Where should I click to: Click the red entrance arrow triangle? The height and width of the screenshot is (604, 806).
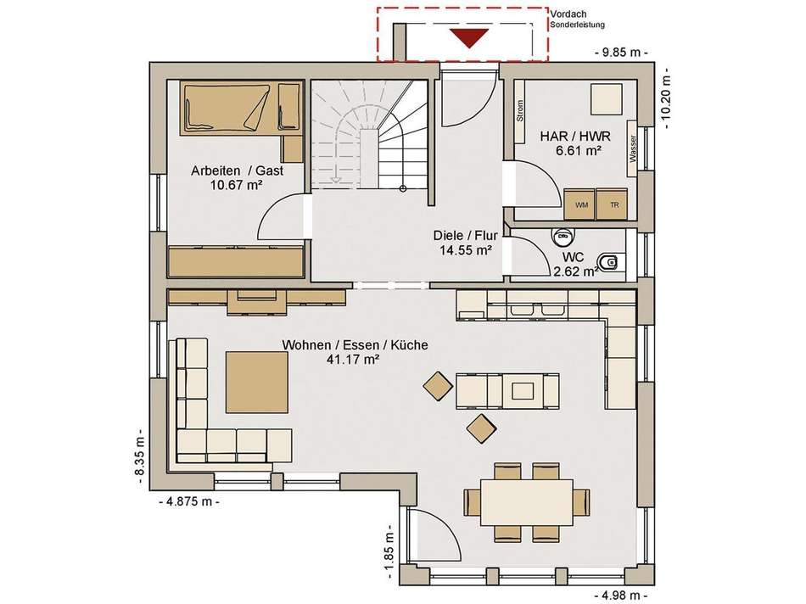[468, 38]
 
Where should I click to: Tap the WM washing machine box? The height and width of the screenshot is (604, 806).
[579, 204]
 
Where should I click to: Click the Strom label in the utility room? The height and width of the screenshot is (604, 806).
[520, 111]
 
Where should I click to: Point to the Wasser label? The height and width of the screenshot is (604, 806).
[632, 148]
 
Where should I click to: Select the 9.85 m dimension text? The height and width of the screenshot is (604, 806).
[621, 53]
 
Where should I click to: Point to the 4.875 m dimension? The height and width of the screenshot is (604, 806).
[190, 501]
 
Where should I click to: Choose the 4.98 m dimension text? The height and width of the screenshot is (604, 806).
[620, 596]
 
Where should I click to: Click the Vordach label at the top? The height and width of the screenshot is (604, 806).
[568, 14]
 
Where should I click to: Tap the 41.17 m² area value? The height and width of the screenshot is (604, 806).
[353, 360]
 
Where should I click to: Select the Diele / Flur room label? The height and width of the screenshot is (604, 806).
[465, 236]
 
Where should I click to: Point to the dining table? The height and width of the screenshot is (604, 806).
[527, 502]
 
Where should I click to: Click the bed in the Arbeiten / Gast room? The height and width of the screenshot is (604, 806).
[225, 108]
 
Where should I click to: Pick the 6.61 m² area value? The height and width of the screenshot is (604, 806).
[579, 150]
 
